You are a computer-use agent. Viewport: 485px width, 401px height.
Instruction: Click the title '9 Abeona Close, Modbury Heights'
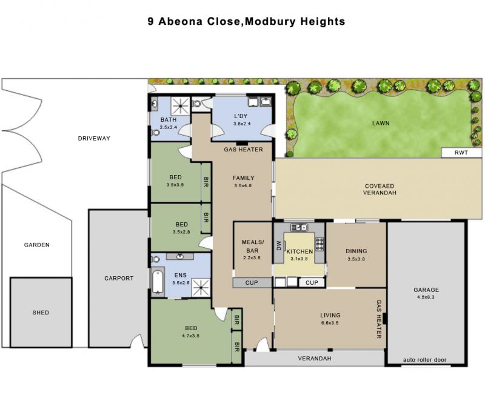click(246, 22)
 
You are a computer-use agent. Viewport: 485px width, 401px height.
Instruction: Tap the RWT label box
click(461, 153)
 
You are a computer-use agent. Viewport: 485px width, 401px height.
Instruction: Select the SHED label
click(41, 313)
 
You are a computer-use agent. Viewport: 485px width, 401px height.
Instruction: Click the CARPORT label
click(119, 279)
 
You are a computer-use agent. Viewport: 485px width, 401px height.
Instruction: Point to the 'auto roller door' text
click(425, 360)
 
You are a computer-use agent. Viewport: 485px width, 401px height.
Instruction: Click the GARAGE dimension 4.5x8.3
click(426, 297)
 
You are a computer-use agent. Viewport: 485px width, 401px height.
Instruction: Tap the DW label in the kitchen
click(279, 245)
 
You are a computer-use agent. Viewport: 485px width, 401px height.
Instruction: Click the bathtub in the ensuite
click(158, 282)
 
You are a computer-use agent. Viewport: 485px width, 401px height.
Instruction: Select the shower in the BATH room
click(181, 106)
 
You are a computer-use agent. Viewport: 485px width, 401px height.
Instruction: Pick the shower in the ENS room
click(201, 288)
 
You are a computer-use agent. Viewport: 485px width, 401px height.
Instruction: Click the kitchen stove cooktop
click(319, 244)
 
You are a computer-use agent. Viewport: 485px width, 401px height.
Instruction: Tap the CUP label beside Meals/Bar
click(252, 283)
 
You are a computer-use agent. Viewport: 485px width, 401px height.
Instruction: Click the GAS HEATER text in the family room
click(244, 150)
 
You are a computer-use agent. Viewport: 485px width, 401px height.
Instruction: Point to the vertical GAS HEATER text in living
click(379, 319)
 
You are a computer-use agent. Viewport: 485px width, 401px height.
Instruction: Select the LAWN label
click(381, 123)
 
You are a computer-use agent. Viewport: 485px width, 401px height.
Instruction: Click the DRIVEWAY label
click(94, 138)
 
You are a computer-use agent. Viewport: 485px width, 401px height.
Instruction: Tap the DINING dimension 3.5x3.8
click(356, 259)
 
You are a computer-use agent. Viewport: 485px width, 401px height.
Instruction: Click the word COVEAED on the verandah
click(380, 186)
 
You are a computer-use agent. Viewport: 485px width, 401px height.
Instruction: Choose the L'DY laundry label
click(241, 116)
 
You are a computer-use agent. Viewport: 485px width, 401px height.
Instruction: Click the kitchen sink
click(299, 227)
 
